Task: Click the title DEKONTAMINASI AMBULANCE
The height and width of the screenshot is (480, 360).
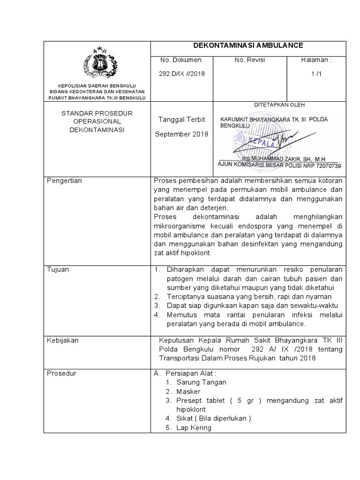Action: click(x=248, y=45)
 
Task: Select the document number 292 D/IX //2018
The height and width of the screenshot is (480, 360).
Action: click(x=182, y=74)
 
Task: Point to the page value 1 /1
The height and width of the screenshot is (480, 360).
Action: click(x=318, y=74)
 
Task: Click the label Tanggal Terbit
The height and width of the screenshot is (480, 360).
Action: click(x=182, y=120)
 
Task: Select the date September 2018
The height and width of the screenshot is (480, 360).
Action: click(x=181, y=134)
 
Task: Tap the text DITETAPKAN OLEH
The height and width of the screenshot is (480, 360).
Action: click(x=279, y=105)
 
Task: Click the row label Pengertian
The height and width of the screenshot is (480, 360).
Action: click(x=64, y=181)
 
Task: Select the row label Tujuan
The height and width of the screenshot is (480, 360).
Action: click(x=58, y=270)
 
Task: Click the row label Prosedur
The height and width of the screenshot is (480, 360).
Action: click(x=61, y=373)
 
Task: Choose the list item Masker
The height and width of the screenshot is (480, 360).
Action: click(x=188, y=391)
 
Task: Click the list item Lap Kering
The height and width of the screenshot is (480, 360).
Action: click(x=194, y=427)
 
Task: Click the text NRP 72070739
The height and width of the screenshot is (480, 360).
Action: click(x=323, y=165)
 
